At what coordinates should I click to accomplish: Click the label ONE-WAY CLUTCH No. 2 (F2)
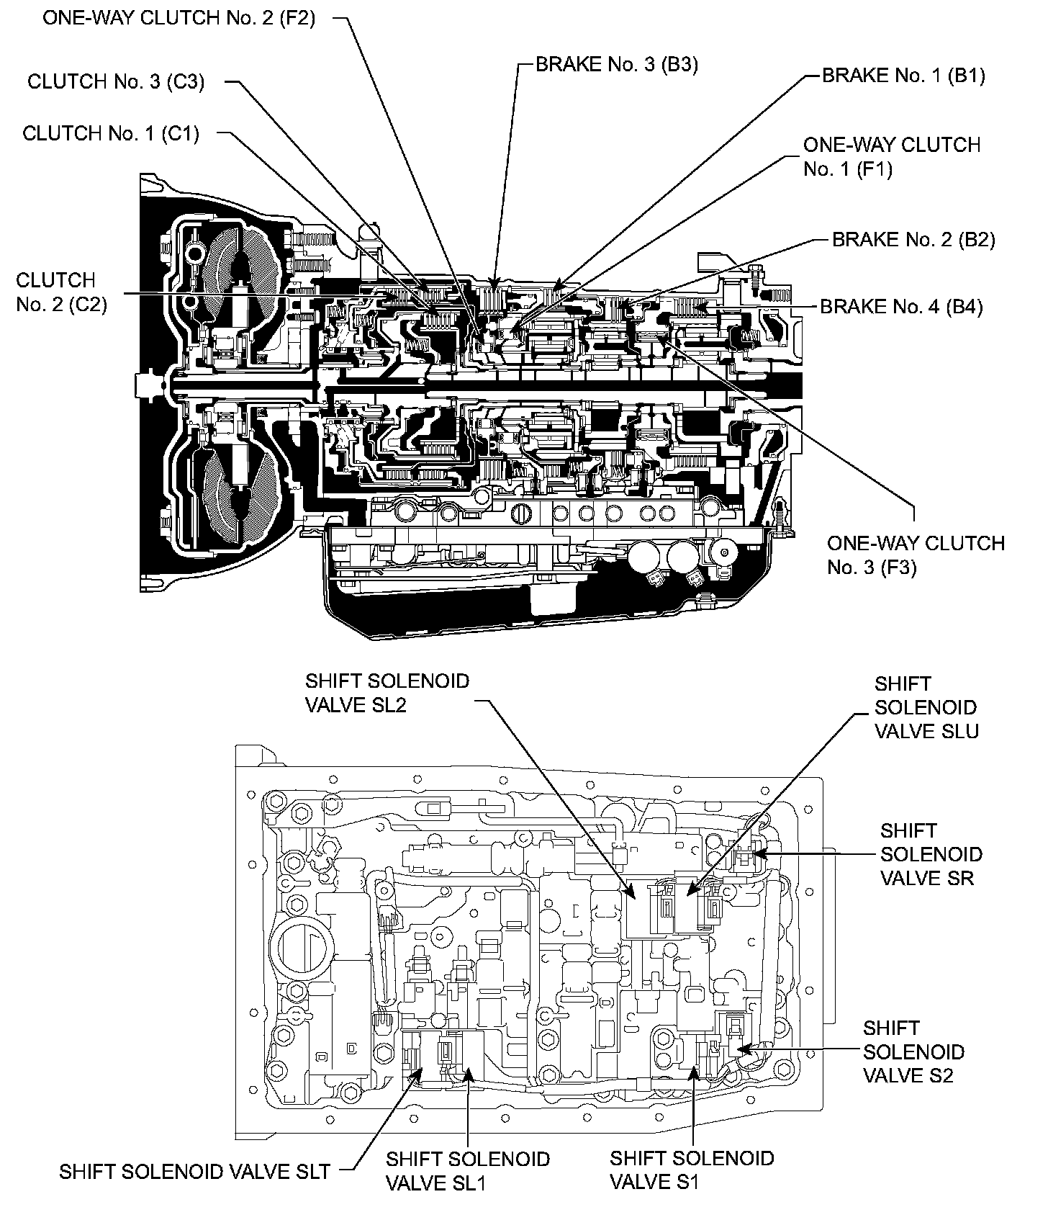179,18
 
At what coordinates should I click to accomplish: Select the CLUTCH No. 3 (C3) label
116,81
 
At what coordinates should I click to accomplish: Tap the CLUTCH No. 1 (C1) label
111,133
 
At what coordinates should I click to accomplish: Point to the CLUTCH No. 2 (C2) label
60,292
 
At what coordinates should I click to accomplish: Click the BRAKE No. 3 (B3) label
617,64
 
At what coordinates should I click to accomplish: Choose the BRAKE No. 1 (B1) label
903,75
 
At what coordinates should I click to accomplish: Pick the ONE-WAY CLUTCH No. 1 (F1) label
891,157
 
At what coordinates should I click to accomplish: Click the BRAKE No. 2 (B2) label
913,239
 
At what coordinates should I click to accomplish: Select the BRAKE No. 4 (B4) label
901,307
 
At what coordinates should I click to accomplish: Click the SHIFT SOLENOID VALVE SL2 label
387,692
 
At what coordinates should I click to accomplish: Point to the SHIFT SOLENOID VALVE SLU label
926,707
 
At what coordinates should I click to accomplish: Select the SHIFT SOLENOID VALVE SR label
931,854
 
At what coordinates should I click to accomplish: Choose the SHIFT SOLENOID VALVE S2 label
913,1051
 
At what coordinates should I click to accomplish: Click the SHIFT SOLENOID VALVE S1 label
692,1170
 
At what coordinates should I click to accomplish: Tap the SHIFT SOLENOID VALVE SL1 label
467,1170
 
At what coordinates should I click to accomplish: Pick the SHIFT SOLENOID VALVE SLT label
194,1172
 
